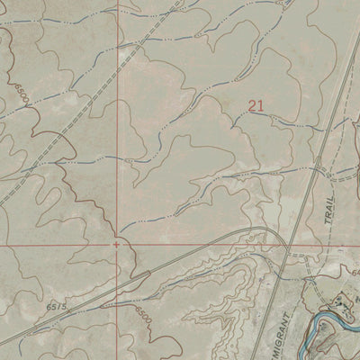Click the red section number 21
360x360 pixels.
(256, 106)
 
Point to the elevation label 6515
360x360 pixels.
(57, 308)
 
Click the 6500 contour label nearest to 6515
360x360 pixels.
(142, 316)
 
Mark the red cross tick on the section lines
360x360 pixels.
(116, 243)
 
